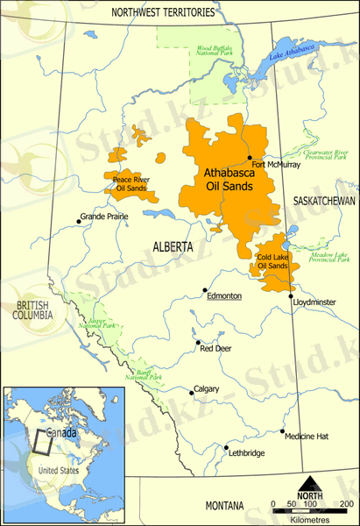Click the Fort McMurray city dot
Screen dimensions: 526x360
pos(250,158)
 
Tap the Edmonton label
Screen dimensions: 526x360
pos(223,296)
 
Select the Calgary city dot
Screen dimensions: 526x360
pos(192,390)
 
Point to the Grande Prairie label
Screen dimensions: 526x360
pos(103,216)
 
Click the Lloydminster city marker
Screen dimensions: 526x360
pos(292,297)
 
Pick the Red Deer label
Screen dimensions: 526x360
pos(215,348)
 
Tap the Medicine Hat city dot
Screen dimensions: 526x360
pos(282,431)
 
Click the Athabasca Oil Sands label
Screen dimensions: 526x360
pos(223,180)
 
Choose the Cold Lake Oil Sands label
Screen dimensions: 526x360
pos(272,260)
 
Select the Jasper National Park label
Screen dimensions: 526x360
pos(96,323)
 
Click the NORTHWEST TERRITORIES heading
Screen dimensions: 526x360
pos(163,13)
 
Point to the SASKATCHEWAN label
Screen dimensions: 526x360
pos(323,201)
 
